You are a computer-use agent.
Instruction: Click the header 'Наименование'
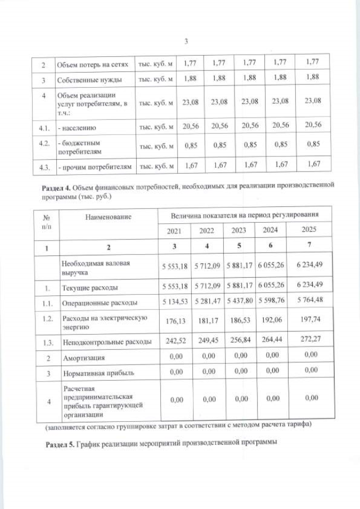coord(108,217)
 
